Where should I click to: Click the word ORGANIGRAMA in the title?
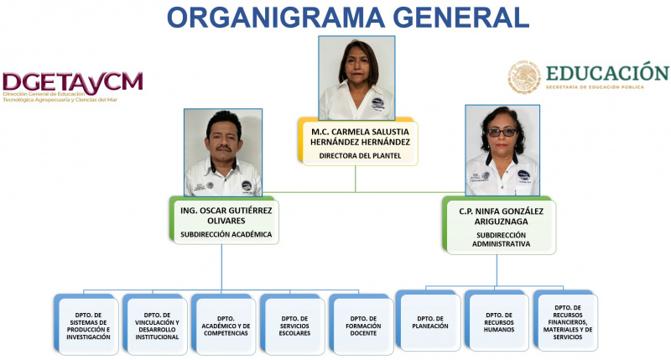pyautogui.click(x=276, y=18)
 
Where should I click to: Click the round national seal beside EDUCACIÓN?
pyautogui.click(x=524, y=77)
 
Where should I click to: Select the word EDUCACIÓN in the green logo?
pyautogui.click(x=607, y=73)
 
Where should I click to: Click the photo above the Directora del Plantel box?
pyautogui.click(x=356, y=78)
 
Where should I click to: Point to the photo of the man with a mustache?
pyautogui.click(x=223, y=153)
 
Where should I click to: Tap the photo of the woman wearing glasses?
pyautogui.click(x=502, y=150)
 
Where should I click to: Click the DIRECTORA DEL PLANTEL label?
pyautogui.click(x=360, y=156)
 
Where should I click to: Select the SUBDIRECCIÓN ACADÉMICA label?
pyautogui.click(x=226, y=235)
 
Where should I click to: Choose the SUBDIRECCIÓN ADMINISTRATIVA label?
pyautogui.click(x=501, y=239)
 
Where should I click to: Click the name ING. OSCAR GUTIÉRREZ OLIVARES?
pyautogui.click(x=226, y=216)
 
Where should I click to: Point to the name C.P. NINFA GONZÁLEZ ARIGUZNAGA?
pyautogui.click(x=501, y=217)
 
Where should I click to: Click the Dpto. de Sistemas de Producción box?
pyautogui.click(x=86, y=325)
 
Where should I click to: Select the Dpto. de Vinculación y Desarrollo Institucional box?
pyautogui.click(x=155, y=325)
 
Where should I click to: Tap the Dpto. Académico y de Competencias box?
pyautogui.click(x=224, y=325)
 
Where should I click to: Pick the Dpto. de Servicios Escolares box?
pyautogui.click(x=293, y=325)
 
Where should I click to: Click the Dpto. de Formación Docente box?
pyautogui.click(x=362, y=325)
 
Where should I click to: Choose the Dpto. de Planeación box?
pyautogui.click(x=429, y=321)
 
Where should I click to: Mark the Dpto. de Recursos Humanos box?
pyautogui.click(x=497, y=321)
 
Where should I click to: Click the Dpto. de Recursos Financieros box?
pyautogui.click(x=565, y=321)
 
